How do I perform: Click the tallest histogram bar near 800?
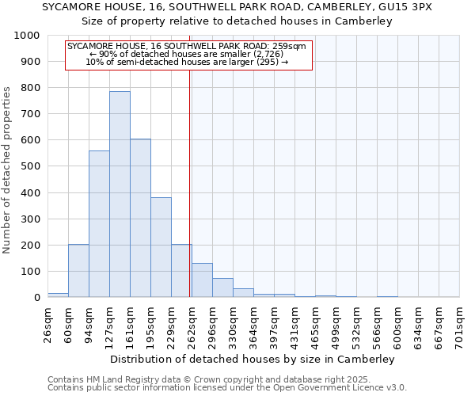point(120,194)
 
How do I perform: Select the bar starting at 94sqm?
point(99,224)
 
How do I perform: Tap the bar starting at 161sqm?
point(140,218)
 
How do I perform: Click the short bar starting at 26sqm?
point(58,295)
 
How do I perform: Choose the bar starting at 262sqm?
point(202,280)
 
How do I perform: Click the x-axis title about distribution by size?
point(253,359)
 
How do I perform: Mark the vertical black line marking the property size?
point(190,182)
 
